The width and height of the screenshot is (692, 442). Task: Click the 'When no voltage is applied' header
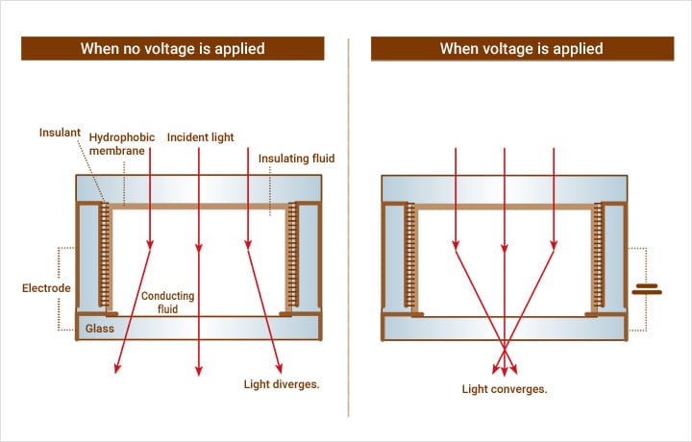173,49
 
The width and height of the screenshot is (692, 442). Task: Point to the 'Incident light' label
200,138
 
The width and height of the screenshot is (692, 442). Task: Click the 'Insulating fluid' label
296,159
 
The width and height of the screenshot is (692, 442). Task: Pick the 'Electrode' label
44,287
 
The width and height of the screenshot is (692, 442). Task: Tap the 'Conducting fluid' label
168,303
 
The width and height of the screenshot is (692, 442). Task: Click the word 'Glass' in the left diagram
100,329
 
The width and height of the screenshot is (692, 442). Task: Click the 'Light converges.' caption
504,389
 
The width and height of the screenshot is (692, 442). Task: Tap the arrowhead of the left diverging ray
117,369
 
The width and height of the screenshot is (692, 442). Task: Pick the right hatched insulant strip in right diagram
596,257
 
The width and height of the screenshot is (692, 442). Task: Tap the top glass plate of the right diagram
504,188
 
